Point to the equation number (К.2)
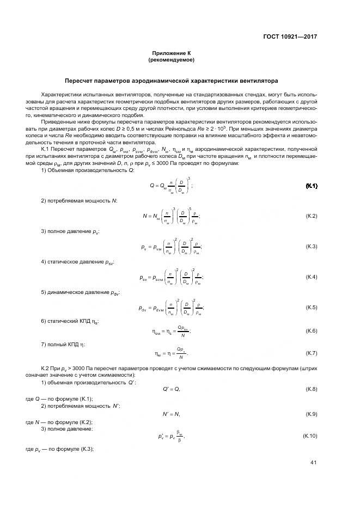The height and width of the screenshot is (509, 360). coord(312,216)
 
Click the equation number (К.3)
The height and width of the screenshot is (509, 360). coord(312,247)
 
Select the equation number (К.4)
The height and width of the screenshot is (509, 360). coord(312,277)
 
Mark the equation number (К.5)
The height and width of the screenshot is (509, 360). coord(312,308)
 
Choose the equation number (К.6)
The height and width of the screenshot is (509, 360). coord(312,331)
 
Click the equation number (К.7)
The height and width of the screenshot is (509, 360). coord(312,353)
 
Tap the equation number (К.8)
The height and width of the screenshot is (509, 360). coord(312,388)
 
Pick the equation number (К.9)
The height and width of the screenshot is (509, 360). coord(312,414)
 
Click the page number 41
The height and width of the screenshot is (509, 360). coord(313,463)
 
